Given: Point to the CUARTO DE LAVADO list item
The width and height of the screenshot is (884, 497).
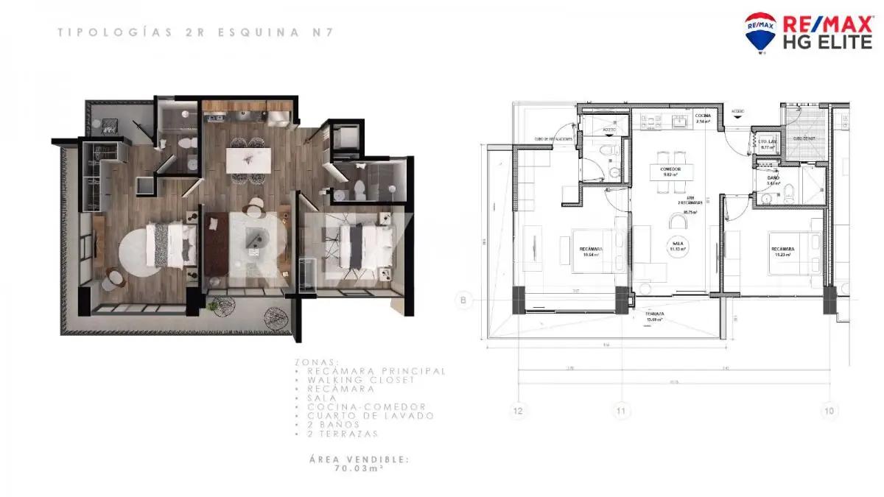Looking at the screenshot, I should coord(362,415).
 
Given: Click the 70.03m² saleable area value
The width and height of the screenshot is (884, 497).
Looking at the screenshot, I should coord(359,468).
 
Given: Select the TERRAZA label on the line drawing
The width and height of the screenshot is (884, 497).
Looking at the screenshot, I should coord(655,315).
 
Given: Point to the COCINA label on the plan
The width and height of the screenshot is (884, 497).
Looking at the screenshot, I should coord(702,116).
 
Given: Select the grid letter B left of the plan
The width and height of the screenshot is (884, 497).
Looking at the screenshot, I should coord(463,299).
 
